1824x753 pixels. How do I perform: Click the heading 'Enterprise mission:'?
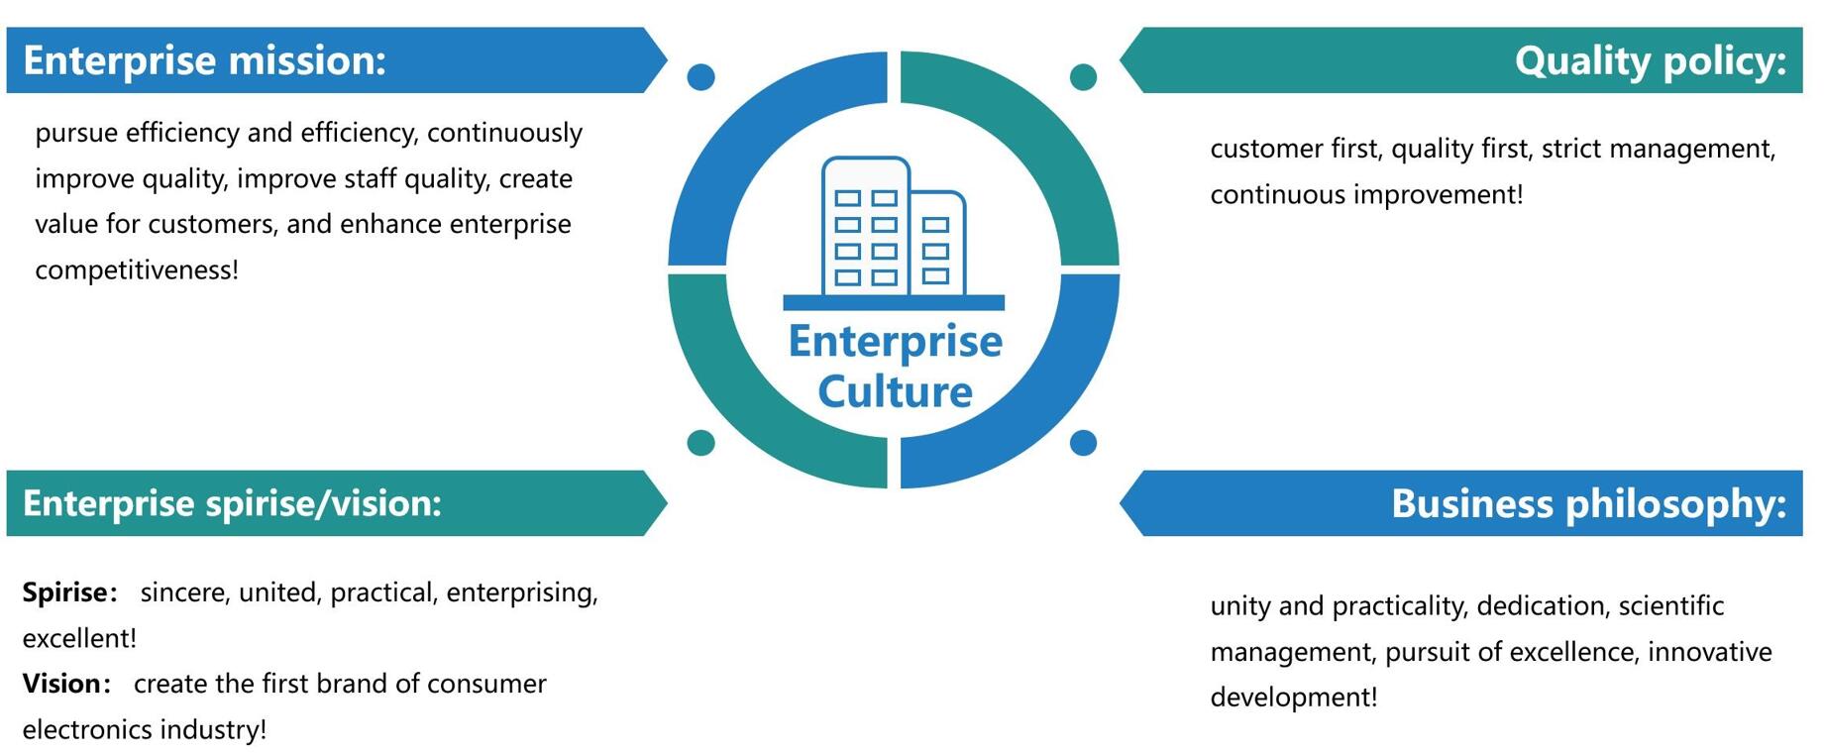(204, 60)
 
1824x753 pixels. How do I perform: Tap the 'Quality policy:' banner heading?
(1650, 60)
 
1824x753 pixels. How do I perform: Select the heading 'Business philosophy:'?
(1588, 503)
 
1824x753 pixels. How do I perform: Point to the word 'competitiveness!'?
(137, 269)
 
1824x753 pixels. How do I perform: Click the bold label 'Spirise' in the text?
(64, 592)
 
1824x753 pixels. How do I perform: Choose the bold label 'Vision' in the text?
(61, 684)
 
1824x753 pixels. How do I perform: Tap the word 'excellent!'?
(79, 638)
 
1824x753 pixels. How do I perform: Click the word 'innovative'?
(1709, 652)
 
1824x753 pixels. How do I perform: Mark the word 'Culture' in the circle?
(895, 391)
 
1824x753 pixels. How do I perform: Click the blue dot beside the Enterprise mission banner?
(700, 76)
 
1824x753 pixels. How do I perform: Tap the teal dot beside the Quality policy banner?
(1083, 76)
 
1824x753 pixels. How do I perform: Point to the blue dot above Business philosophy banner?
(1083, 442)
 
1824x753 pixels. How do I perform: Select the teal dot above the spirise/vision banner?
(700, 442)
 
